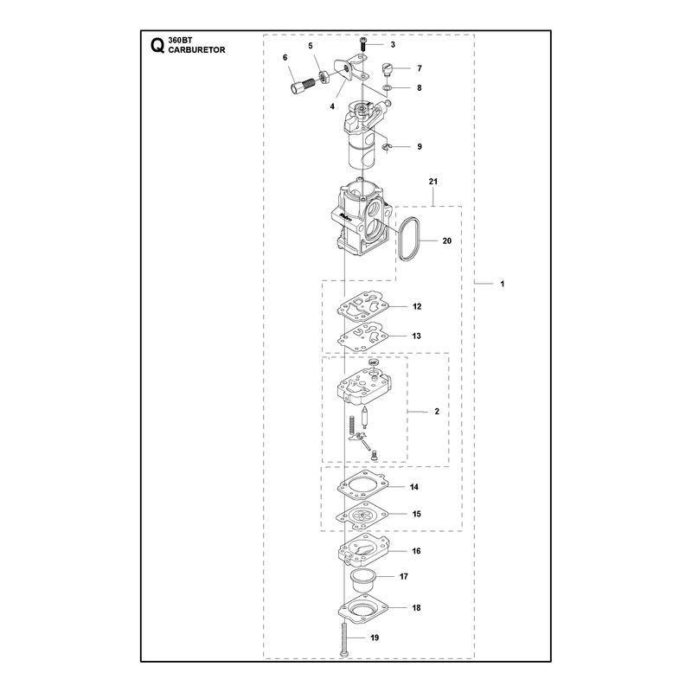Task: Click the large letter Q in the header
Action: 157,46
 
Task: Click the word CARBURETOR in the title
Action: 197,50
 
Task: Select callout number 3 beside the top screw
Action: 393,45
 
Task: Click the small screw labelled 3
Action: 363,45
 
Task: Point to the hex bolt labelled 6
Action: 302,85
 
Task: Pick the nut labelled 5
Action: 324,77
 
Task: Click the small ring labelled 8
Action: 387,89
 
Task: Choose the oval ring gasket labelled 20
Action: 409,239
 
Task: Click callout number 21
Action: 433,182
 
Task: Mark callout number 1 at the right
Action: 503,284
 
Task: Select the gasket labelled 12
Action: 363,307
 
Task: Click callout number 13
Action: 416,336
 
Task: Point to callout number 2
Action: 437,412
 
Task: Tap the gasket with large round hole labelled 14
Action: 362,486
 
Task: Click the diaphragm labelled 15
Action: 362,515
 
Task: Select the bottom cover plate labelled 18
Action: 362,609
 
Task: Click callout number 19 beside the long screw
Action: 375,638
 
